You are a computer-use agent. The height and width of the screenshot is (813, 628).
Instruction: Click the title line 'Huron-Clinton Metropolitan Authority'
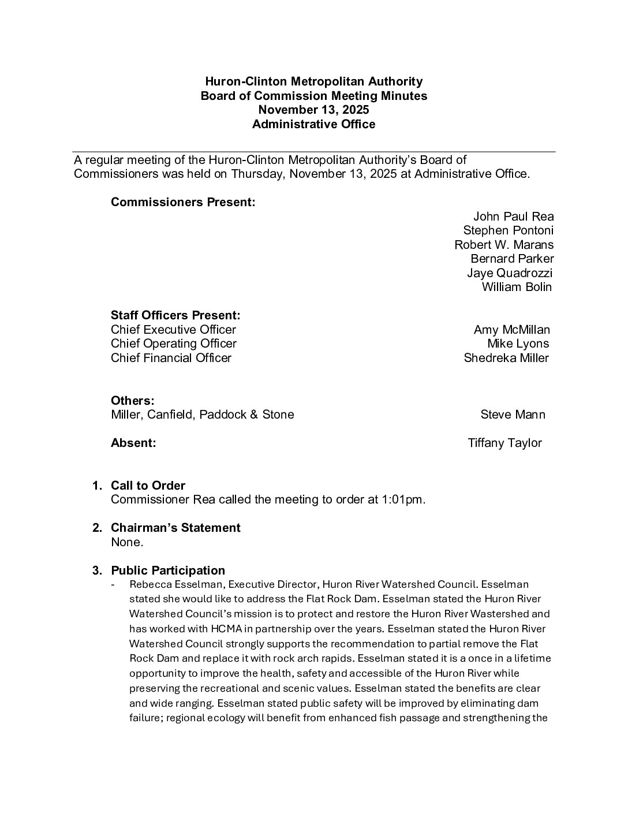[x=314, y=81]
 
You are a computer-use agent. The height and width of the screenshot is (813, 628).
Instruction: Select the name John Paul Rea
[x=513, y=217]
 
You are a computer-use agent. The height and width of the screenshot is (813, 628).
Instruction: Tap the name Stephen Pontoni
[x=508, y=230]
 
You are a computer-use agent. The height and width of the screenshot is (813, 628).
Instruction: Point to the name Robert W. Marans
[x=504, y=245]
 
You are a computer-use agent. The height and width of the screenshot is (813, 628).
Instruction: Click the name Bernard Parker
[x=512, y=259]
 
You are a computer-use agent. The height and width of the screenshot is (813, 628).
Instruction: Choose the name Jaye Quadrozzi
[x=510, y=273]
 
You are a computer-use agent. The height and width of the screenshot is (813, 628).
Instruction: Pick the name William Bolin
[x=517, y=287]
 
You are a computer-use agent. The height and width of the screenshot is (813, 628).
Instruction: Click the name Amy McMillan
[x=511, y=330]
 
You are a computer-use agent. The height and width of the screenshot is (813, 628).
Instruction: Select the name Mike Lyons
[x=518, y=344]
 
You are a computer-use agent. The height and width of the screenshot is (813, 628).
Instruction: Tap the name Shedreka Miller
[x=506, y=358]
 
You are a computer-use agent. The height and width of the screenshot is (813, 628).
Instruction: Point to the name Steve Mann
[x=513, y=415]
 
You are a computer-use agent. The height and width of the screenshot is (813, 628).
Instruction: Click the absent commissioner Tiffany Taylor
[x=504, y=443]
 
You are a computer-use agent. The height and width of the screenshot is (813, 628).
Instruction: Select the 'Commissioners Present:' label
[x=183, y=202]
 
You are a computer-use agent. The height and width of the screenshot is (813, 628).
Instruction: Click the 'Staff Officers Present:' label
[x=175, y=315]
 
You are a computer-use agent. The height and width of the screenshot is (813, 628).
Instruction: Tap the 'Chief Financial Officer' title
[x=171, y=358]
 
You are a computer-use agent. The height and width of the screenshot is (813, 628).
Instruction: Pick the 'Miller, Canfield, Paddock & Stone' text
[x=202, y=415]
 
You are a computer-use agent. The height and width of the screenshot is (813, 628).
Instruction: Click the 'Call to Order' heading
[x=148, y=486]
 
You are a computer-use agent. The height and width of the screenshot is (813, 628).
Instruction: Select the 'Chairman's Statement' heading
[x=175, y=528]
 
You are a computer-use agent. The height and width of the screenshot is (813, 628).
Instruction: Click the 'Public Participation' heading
[x=168, y=570]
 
